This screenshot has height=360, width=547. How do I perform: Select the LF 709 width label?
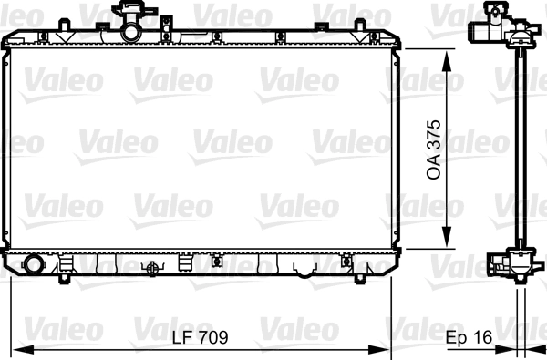pos(200,337)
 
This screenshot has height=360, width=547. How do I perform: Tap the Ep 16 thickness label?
pos(470,337)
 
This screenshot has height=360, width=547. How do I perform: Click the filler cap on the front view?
pos(134,12)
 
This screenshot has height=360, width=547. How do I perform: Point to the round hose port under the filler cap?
pos(133,33)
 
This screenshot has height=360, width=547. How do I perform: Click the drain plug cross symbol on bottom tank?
pos(152,268)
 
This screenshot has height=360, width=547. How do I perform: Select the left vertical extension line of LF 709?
pos(11,310)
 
